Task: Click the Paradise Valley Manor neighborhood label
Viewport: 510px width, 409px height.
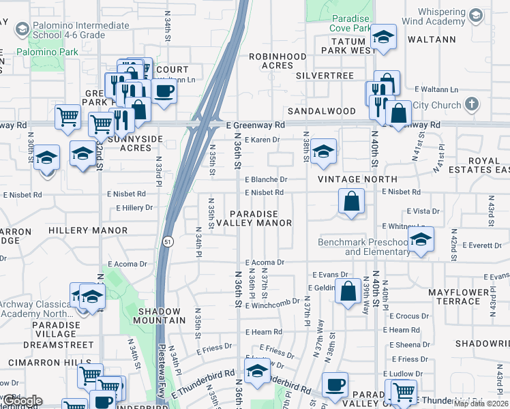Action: [260, 218]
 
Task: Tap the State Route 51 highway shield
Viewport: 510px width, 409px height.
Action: [167, 241]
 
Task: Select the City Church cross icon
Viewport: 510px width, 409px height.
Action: [470, 104]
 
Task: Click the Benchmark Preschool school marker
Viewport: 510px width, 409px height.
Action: [421, 239]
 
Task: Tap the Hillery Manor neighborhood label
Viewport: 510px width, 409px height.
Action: [89, 231]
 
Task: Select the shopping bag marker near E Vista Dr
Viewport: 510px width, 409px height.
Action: [351, 201]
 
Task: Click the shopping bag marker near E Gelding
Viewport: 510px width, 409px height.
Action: [348, 292]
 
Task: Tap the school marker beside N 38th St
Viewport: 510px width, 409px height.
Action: [323, 151]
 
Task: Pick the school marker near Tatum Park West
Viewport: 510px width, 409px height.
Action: [384, 37]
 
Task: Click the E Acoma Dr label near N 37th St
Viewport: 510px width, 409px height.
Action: [262, 262]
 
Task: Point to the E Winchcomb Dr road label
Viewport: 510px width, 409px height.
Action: [277, 302]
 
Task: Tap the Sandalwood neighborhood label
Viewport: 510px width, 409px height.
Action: [321, 111]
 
